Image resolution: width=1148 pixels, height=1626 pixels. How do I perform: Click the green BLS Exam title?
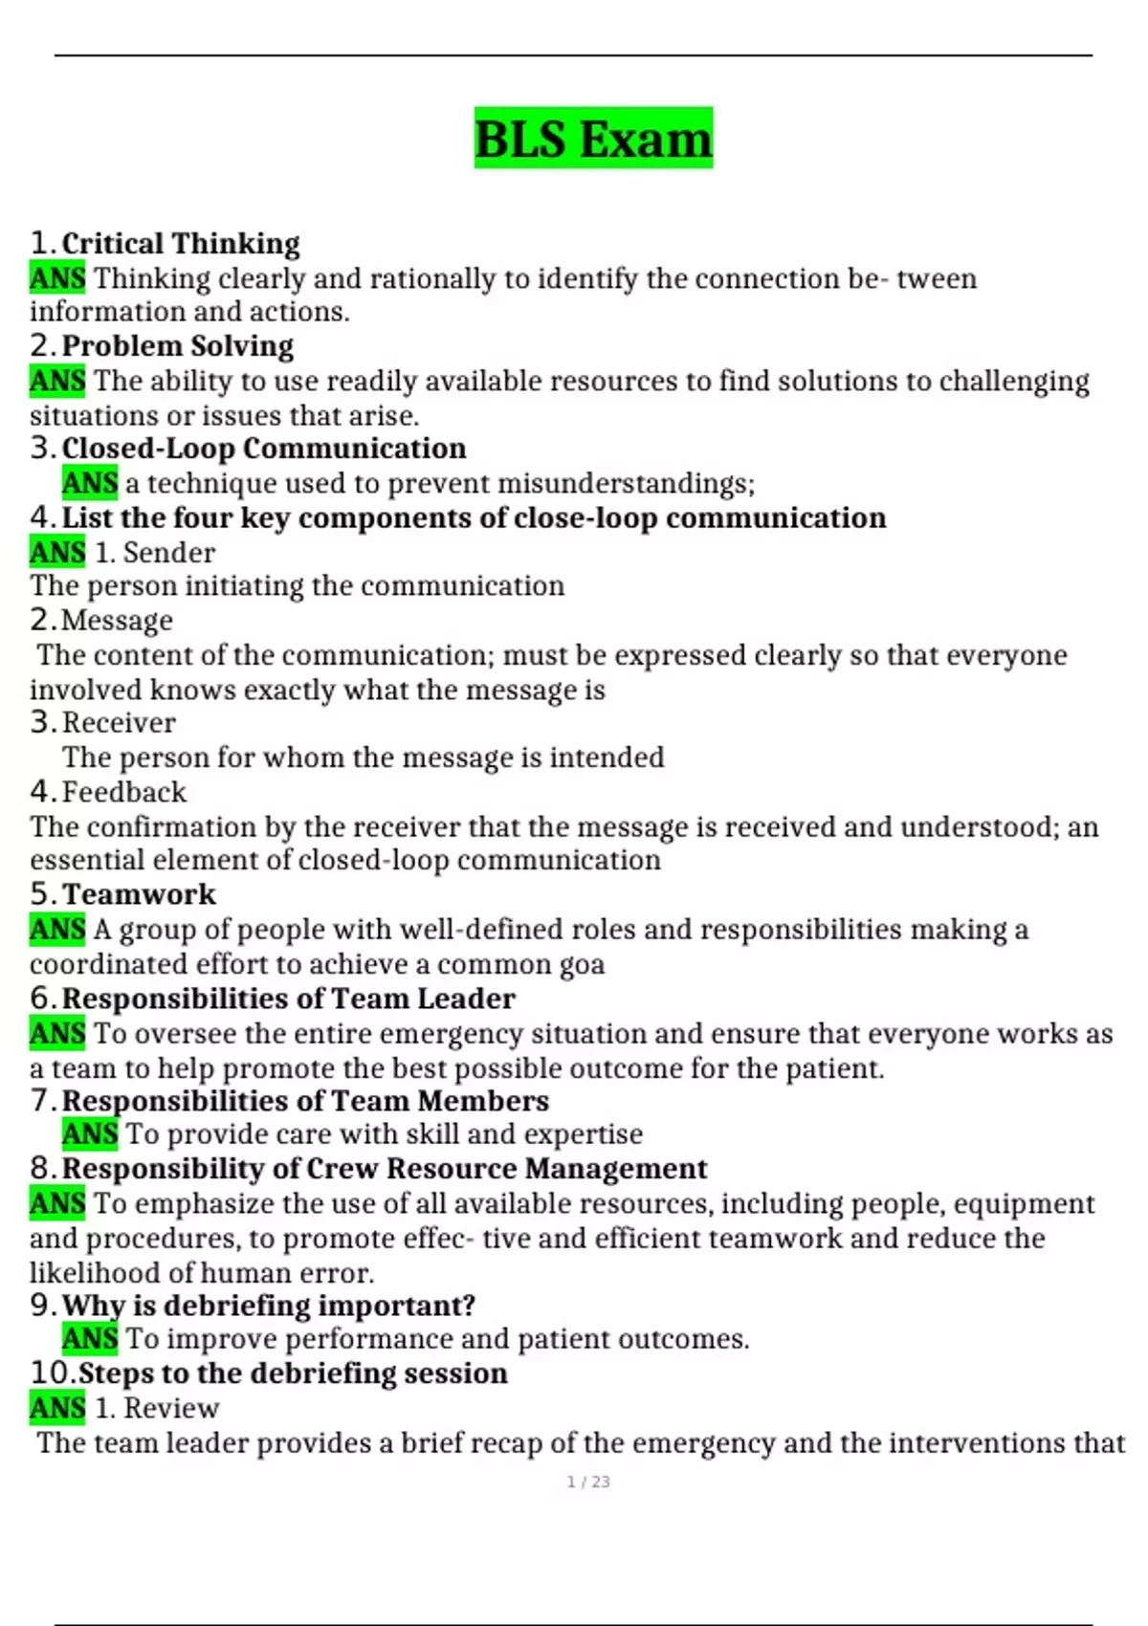pos(593,139)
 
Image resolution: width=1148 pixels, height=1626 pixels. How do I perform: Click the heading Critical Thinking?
pos(181,244)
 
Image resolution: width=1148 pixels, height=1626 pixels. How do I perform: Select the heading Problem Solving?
pos(177,346)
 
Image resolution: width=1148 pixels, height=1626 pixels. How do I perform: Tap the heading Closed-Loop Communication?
pos(263,449)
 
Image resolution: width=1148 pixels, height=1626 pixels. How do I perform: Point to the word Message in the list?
pos(117,621)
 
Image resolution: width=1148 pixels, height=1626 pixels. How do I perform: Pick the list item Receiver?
pos(119,723)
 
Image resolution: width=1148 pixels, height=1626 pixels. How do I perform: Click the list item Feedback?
pos(123,792)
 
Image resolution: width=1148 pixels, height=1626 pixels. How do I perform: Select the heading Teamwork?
pos(139,894)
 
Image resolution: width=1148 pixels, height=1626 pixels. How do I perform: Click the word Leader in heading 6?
pos(467,999)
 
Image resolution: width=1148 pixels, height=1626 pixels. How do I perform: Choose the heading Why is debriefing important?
pos(268,1306)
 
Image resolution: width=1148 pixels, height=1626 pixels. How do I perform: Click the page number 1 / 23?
pos(588,1482)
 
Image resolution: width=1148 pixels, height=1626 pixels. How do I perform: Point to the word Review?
pos(171,1408)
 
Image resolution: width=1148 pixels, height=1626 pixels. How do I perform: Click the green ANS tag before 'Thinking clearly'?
pos(57,278)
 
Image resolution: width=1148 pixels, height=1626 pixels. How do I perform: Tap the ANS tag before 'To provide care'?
pos(90,1134)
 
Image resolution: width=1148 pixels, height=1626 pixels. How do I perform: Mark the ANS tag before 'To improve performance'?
pos(90,1339)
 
